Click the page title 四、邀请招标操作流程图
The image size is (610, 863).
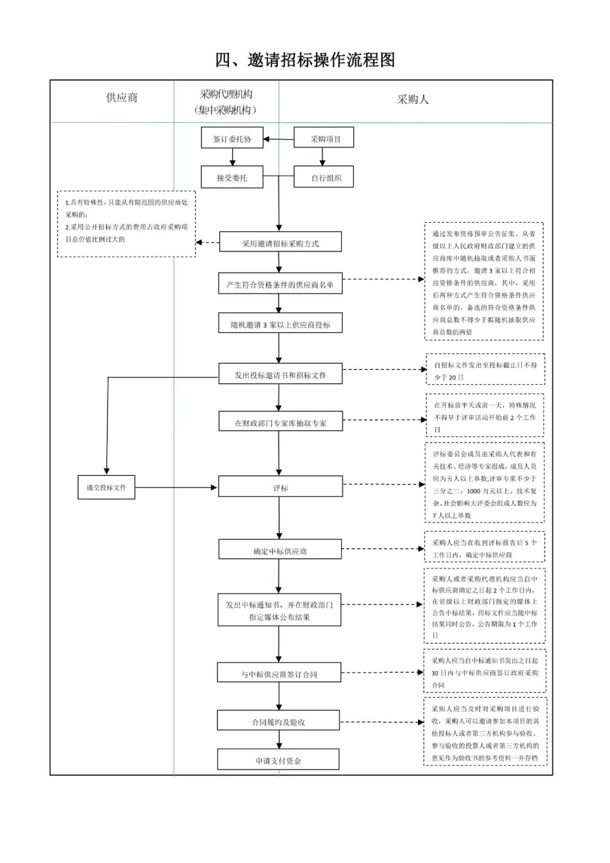tap(305, 60)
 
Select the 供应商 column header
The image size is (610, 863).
tap(121, 97)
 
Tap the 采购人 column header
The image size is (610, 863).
tap(413, 99)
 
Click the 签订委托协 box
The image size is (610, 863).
tap(232, 137)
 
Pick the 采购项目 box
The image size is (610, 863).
tap(324, 137)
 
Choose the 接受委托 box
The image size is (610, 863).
tap(232, 177)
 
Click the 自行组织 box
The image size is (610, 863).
tap(324, 176)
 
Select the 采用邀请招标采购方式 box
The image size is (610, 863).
tap(280, 241)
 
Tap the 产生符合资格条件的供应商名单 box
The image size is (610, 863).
tap(280, 283)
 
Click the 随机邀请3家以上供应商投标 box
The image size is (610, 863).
tap(280, 323)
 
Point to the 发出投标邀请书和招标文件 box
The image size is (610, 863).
tap(280, 374)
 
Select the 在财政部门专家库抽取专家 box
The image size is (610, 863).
tap(281, 420)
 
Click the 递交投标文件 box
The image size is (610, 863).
tap(106, 487)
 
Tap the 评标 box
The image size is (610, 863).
tap(280, 486)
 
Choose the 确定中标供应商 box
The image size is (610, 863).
tap(280, 549)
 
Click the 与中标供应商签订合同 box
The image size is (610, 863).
tap(279, 673)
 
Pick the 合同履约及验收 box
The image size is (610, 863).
tap(278, 720)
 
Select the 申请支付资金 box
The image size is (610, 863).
tap(278, 759)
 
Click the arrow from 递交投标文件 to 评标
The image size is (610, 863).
tap(176, 487)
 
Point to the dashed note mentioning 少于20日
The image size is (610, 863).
tap(485, 369)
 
